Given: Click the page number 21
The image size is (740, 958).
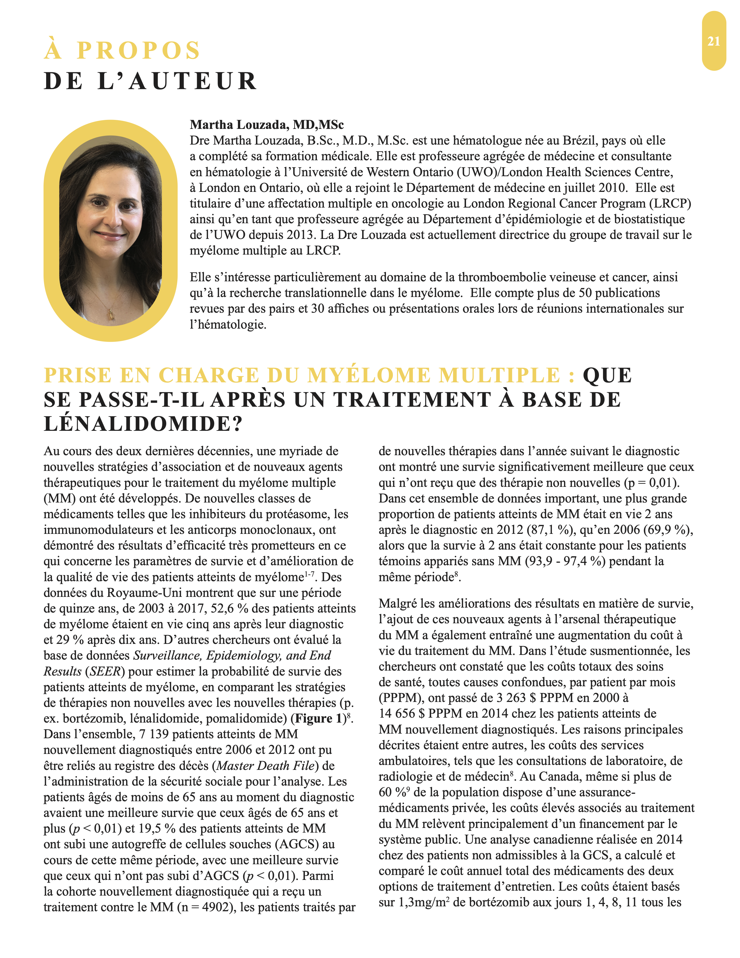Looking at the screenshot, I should click(714, 41).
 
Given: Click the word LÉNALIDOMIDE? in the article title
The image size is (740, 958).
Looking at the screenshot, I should click(143, 424).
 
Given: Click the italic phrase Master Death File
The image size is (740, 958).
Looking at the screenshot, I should click(266, 766).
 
